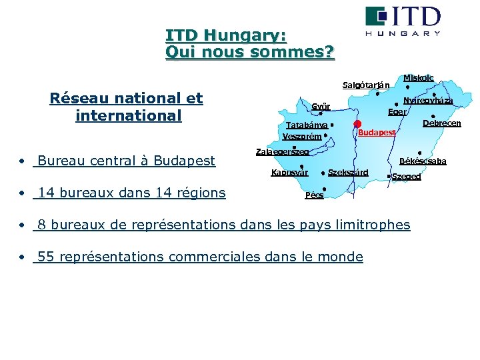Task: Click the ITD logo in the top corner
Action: coord(403,21)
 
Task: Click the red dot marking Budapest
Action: coord(358,124)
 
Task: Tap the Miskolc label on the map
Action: coord(418,78)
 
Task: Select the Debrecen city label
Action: coord(442,123)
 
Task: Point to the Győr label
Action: coord(321,107)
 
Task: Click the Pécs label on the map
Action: coord(314,195)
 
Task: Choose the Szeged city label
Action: coord(406,177)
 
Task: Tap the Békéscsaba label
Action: coord(423,161)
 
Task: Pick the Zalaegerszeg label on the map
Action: coord(283,152)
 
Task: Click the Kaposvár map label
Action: coord(289,173)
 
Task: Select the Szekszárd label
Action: coord(348,173)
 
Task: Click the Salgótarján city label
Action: coord(366,85)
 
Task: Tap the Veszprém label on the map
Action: coord(302,137)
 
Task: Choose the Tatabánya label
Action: coord(306,125)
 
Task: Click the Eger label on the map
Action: coord(397,112)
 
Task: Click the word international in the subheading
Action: coord(129,115)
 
